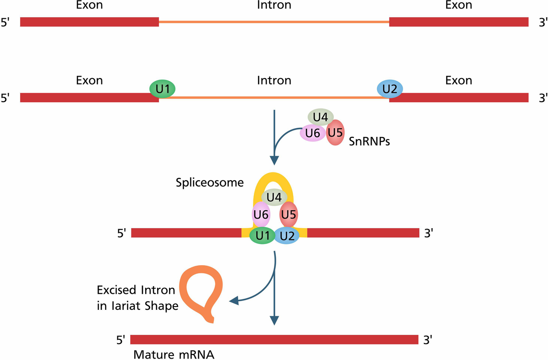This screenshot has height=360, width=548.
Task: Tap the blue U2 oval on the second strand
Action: click(390, 89)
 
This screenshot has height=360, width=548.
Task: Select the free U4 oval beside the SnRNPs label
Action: click(321, 117)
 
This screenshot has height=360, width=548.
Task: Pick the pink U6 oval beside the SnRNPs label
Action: click(312, 133)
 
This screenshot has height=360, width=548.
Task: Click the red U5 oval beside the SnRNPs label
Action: click(336, 133)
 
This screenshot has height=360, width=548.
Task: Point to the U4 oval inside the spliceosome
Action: click(274, 197)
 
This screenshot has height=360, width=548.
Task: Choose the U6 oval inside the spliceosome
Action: click(261, 214)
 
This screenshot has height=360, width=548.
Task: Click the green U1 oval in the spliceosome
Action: click(262, 236)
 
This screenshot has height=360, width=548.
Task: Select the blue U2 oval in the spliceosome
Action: click(287, 236)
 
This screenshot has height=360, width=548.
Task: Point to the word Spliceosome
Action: click(210, 183)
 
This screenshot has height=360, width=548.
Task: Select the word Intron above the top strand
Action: click(274, 5)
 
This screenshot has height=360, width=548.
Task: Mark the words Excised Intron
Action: click(136, 290)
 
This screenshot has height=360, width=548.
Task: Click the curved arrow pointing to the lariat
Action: click(256, 292)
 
